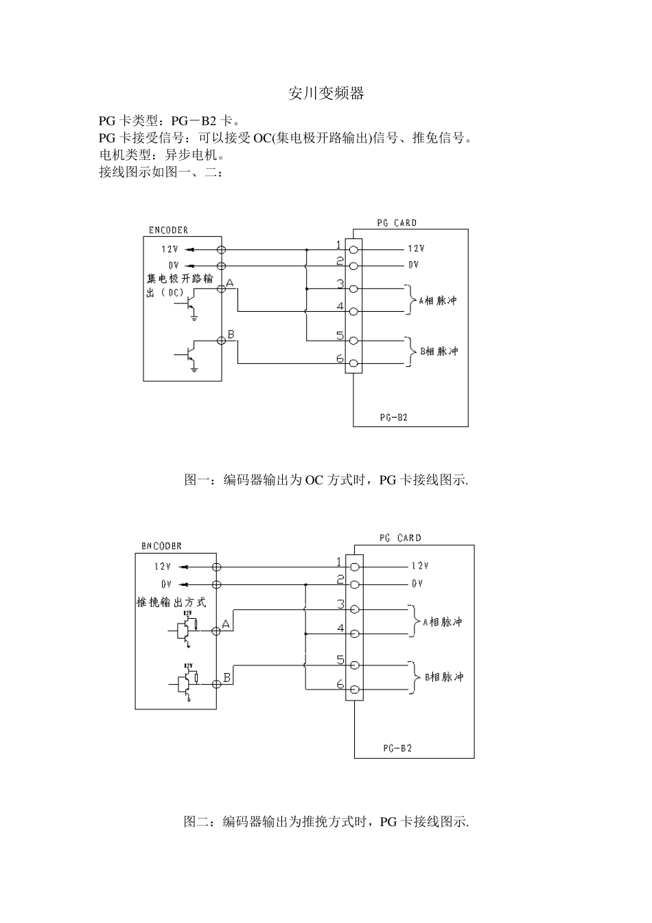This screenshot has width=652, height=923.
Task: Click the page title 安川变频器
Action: click(x=326, y=94)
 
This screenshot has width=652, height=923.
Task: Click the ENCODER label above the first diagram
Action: click(x=168, y=230)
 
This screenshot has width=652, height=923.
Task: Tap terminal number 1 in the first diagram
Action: click(x=338, y=245)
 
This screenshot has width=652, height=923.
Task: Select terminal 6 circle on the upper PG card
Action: click(x=353, y=363)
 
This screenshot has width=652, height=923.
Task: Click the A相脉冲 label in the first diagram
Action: click(x=437, y=300)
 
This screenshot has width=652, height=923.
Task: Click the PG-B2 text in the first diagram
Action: click(x=393, y=417)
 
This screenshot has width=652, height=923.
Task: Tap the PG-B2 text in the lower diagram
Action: click(x=397, y=748)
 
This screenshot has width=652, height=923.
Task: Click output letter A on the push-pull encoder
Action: click(x=225, y=624)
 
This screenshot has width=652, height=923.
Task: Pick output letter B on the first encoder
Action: click(x=231, y=334)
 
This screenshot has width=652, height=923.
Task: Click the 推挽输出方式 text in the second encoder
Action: click(x=171, y=602)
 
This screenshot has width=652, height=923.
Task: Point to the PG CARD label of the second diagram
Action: click(x=400, y=538)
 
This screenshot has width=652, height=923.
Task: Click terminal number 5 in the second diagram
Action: click(x=340, y=660)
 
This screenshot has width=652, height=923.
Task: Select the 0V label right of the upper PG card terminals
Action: click(x=412, y=265)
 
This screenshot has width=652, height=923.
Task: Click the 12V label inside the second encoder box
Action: click(x=162, y=567)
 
